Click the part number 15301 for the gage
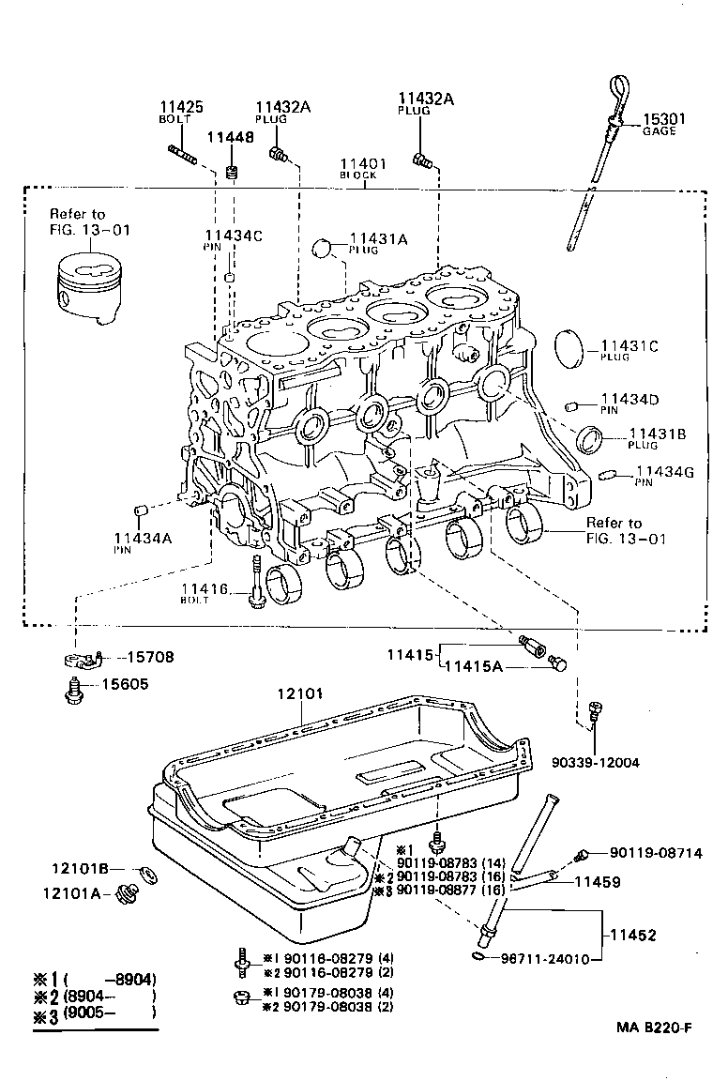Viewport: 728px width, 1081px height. (663, 119)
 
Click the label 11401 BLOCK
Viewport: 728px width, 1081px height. (366, 164)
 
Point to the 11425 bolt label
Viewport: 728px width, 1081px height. (182, 108)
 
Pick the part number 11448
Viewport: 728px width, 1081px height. (231, 137)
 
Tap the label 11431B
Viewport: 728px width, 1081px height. (659, 433)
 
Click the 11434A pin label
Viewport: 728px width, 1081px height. (143, 538)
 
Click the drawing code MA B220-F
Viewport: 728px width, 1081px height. (654, 1054)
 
